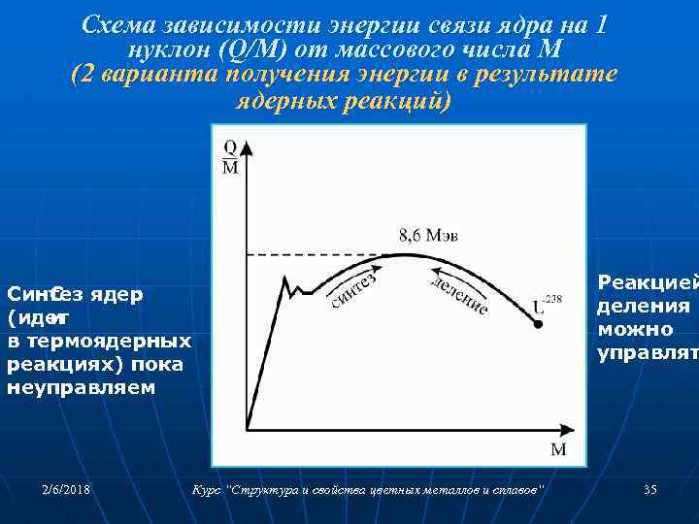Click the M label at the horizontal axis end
[558, 449]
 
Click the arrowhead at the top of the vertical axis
[247, 146]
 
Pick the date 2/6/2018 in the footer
[67, 490]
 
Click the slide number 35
[650, 490]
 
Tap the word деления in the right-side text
[643, 306]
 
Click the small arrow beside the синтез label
[372, 265]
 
